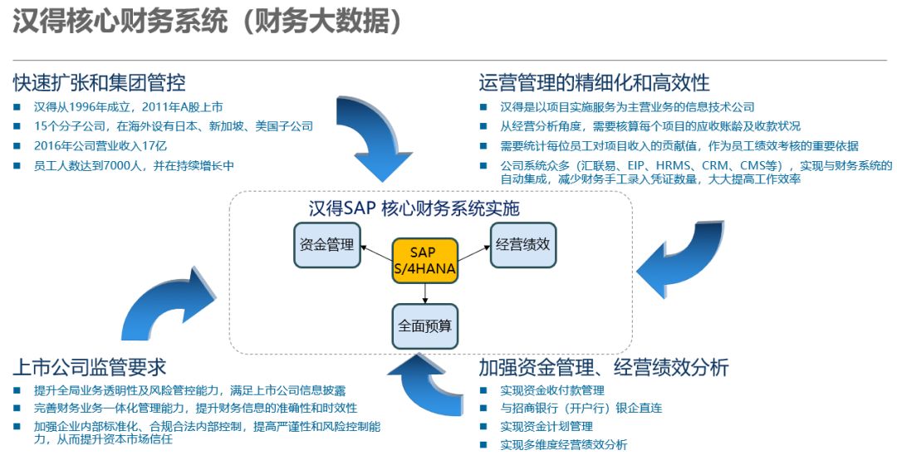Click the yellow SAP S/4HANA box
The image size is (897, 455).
click(x=424, y=259)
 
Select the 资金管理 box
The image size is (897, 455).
click(x=326, y=245)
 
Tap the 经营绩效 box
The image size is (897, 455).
click(x=522, y=245)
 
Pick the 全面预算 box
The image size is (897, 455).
click(x=424, y=325)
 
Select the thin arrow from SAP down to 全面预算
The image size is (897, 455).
click(x=425, y=292)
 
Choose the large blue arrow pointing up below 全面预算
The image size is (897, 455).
click(x=424, y=383)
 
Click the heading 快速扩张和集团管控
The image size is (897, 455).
click(x=99, y=83)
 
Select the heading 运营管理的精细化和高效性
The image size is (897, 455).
click(x=594, y=83)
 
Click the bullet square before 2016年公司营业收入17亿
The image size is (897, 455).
click(x=17, y=146)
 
